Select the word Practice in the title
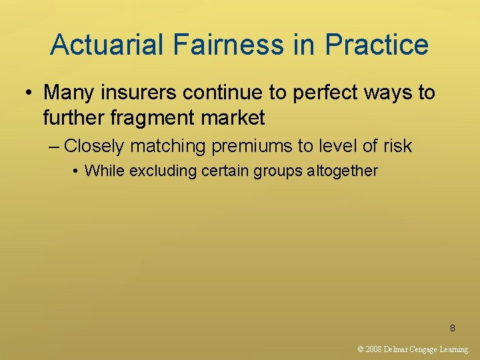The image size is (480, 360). coord(377,45)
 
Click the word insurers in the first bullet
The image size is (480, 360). coord(141,93)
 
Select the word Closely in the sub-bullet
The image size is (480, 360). coord(93,145)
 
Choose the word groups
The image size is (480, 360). coord(273,171)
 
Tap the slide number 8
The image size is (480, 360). coord(453,328)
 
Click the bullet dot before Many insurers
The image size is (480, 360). coord(26,93)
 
